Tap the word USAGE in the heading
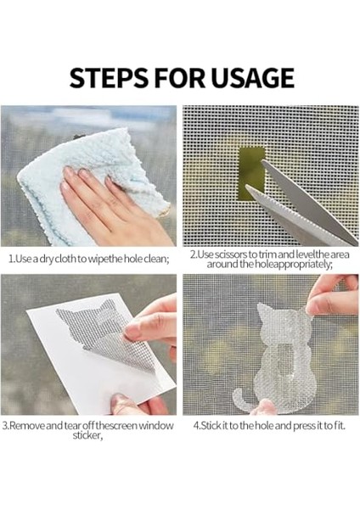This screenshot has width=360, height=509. coord(252,78)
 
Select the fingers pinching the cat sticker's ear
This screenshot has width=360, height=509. coord(331,297)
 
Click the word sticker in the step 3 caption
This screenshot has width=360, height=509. coord(87,435)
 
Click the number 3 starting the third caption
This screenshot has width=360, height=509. coord(5,425)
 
